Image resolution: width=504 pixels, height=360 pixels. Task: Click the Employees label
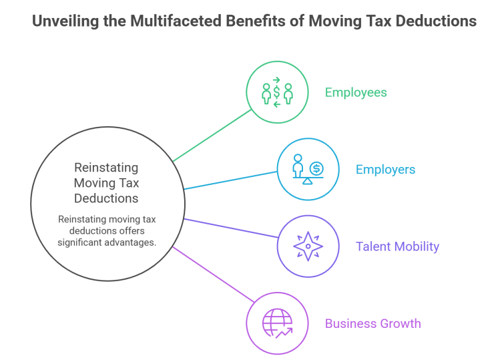pyautogui.click(x=356, y=92)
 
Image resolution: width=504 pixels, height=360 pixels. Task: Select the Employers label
pyautogui.click(x=385, y=170)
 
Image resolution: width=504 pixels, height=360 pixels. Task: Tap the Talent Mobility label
pyautogui.click(x=398, y=246)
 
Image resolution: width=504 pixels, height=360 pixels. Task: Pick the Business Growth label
pyautogui.click(x=372, y=324)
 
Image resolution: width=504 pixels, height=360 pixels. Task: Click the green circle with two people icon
pyautogui.click(x=277, y=92)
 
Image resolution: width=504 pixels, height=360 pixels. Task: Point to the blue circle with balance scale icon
pyautogui.click(x=308, y=170)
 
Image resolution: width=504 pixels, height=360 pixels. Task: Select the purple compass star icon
pyautogui.click(x=308, y=246)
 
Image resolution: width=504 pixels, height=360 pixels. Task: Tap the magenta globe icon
pyautogui.click(x=277, y=324)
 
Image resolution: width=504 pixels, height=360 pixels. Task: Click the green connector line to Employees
pyautogui.click(x=210, y=136)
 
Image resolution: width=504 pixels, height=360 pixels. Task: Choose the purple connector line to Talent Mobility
pyautogui.click(x=230, y=228)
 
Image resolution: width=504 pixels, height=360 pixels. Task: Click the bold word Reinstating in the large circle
pyautogui.click(x=106, y=168)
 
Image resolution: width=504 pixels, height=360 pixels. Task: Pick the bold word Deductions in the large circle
pyautogui.click(x=106, y=198)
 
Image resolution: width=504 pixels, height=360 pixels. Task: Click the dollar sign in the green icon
pyautogui.click(x=277, y=92)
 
